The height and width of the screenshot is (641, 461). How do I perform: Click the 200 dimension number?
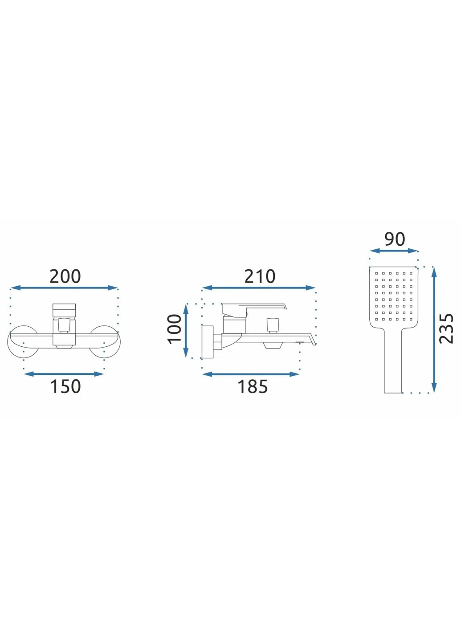click(x=65, y=276)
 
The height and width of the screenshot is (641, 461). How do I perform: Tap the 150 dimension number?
click(x=65, y=386)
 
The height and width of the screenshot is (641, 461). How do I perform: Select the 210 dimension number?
click(x=260, y=276)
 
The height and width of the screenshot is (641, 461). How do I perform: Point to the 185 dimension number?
click(x=253, y=386)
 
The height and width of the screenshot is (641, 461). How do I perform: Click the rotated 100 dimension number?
click(x=175, y=329)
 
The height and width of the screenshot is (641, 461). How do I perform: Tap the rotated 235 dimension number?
click(x=446, y=329)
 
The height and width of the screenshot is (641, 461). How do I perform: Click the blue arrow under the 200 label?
click(x=64, y=288)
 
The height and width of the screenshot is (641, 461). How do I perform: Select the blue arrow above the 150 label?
click(x=64, y=374)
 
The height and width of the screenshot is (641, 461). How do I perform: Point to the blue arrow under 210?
click(x=258, y=288)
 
